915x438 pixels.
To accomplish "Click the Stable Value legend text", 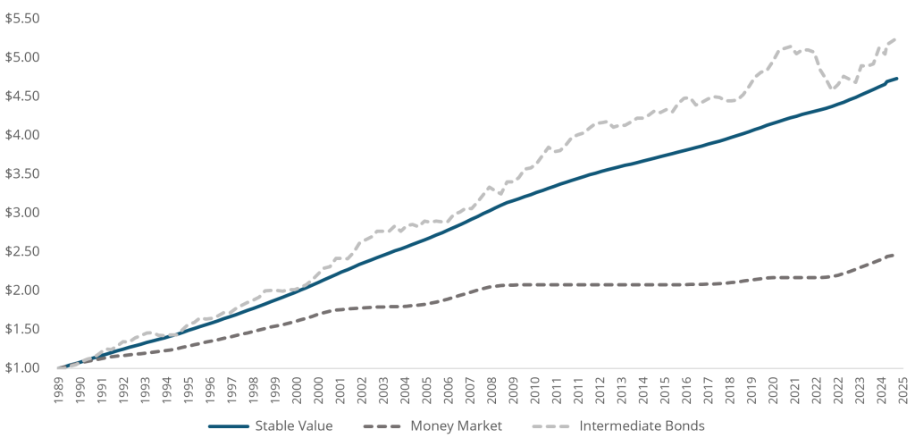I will (294, 426).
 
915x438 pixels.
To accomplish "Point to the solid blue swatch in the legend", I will (228, 426).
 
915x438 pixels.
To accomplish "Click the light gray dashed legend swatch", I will (555, 426).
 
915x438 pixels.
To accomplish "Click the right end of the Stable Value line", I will (897, 79).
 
